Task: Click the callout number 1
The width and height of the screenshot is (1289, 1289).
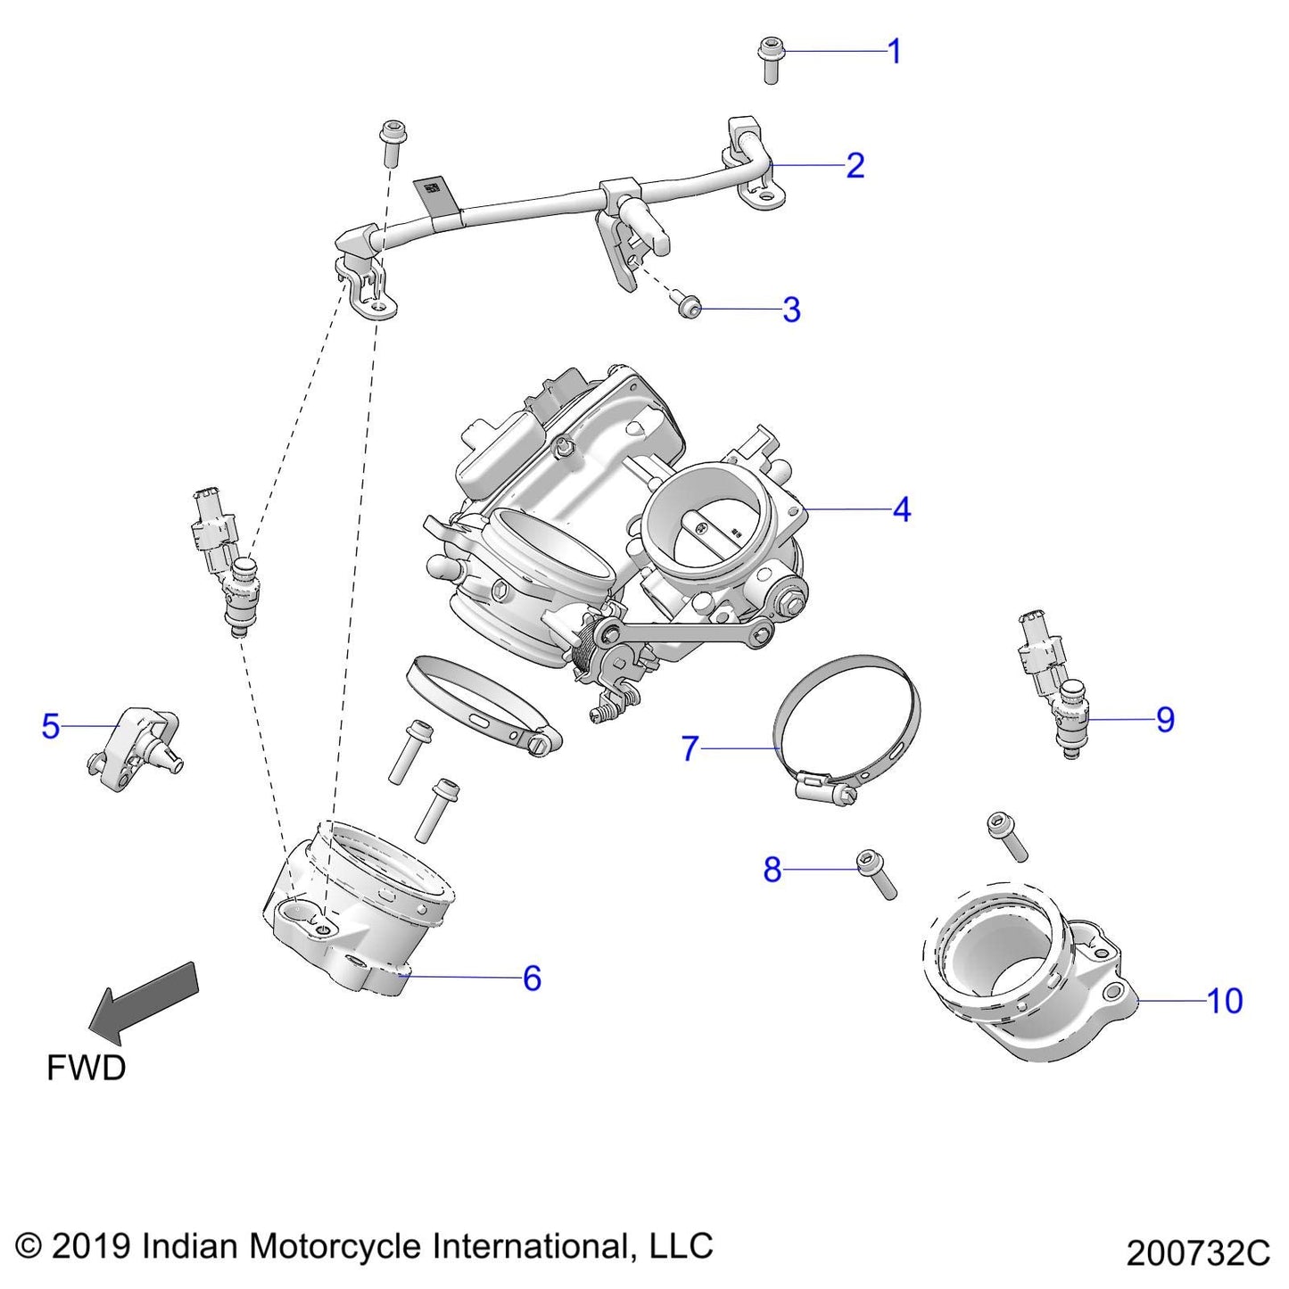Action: pyautogui.click(x=895, y=52)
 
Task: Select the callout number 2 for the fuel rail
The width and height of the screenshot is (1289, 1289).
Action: pyautogui.click(x=855, y=166)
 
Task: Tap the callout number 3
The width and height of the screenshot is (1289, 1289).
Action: pyautogui.click(x=791, y=310)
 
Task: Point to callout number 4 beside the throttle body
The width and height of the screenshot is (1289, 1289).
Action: pyautogui.click(x=902, y=510)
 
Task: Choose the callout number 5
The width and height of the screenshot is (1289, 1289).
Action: pyautogui.click(x=51, y=726)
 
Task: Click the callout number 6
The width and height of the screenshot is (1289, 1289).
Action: pyautogui.click(x=532, y=979)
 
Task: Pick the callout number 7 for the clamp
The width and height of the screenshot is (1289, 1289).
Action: pyautogui.click(x=689, y=748)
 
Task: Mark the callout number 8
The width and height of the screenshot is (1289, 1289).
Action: pyautogui.click(x=773, y=869)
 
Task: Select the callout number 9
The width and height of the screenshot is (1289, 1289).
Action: pyautogui.click(x=1165, y=720)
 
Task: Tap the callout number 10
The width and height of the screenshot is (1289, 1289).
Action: pyautogui.click(x=1224, y=1001)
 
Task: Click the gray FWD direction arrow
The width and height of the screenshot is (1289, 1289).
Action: pyautogui.click(x=147, y=1001)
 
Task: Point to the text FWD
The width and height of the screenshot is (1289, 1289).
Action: pyautogui.click(x=86, y=1068)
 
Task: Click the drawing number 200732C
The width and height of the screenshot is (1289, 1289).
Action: pyautogui.click(x=1197, y=1253)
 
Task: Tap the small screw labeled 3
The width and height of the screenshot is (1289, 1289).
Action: pyautogui.click(x=689, y=308)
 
